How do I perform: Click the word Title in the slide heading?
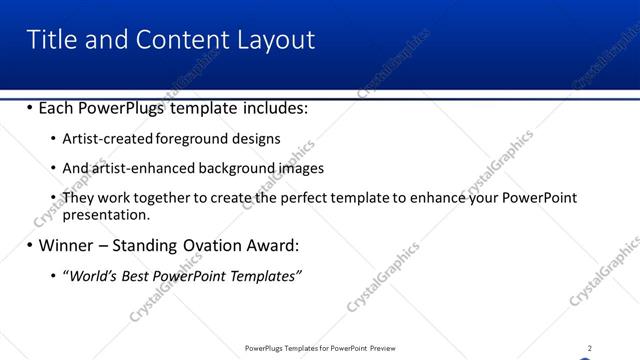click(50, 39)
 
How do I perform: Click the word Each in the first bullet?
click(58, 107)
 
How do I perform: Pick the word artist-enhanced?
click(142, 168)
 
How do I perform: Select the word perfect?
click(283, 198)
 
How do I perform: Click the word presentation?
click(106, 214)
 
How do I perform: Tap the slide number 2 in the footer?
click(589, 348)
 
